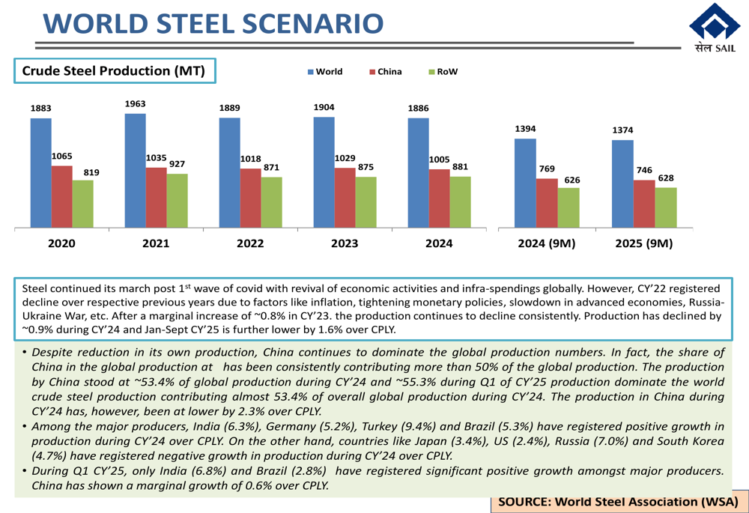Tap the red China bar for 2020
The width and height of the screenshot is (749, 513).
[x=61, y=196]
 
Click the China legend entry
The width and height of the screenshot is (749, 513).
[x=386, y=72]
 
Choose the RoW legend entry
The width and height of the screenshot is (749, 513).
[x=443, y=72]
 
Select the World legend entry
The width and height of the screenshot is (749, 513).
[x=325, y=72]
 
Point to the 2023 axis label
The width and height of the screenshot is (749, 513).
[x=345, y=243]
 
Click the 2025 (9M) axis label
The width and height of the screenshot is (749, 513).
[x=643, y=243]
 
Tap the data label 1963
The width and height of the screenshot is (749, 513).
[x=136, y=104]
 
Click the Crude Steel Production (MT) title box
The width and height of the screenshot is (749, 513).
[x=118, y=71]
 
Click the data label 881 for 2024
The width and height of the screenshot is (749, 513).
[x=461, y=167]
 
